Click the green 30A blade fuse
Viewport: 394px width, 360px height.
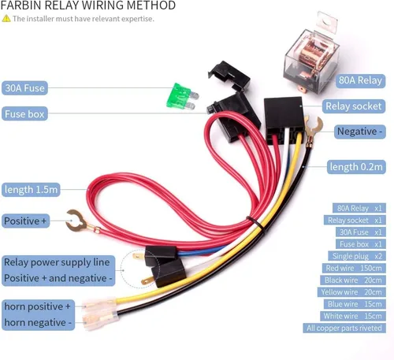pyautogui.click(x=182, y=96)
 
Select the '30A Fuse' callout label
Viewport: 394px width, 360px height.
pyautogui.click(x=24, y=88)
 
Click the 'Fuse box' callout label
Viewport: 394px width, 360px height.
pyautogui.click(x=24, y=113)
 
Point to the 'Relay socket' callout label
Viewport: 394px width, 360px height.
pyautogui.click(x=354, y=106)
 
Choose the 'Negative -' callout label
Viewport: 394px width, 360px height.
pyautogui.click(x=359, y=132)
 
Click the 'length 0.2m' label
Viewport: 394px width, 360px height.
pyautogui.click(x=356, y=167)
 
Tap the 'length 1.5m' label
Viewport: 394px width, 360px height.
pyautogui.click(x=31, y=189)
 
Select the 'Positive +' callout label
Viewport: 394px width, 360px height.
pyautogui.click(x=25, y=221)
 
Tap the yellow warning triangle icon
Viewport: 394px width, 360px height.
pyautogui.click(x=6, y=19)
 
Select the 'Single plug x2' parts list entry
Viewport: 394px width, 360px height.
pyautogui.click(x=357, y=256)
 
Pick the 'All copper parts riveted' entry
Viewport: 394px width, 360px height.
pyautogui.click(x=344, y=328)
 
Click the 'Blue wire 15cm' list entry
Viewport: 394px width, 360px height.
pyautogui.click(x=355, y=304)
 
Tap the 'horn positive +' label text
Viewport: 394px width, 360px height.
pyautogui.click(x=38, y=306)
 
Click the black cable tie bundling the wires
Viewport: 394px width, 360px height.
pyautogui.click(x=256, y=225)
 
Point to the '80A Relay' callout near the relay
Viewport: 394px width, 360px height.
pyautogui.click(x=360, y=80)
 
